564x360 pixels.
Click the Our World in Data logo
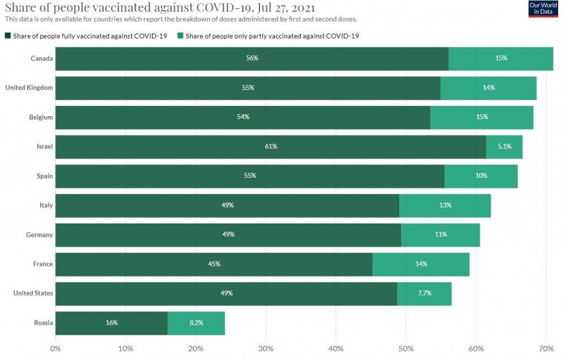click(x=543, y=9)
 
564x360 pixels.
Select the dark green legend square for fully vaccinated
click(x=8, y=36)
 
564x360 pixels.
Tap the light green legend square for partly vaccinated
click(x=180, y=36)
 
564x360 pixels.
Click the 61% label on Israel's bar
click(x=270, y=147)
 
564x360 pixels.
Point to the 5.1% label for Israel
click(x=505, y=147)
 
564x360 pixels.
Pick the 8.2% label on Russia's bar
click(x=196, y=323)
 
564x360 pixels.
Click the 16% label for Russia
click(x=112, y=323)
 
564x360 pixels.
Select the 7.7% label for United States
click(x=424, y=293)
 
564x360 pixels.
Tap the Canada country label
click(x=42, y=58)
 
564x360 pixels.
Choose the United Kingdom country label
click(x=29, y=88)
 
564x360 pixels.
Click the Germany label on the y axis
click(x=40, y=235)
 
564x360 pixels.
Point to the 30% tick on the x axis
click(x=266, y=348)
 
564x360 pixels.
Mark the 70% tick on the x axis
click(x=546, y=348)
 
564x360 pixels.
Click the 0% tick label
click(x=56, y=348)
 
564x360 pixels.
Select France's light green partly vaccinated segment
click(x=421, y=264)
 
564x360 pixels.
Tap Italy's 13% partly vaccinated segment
click(x=445, y=205)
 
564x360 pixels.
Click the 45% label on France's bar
click(x=214, y=264)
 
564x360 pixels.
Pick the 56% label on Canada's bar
click(x=252, y=58)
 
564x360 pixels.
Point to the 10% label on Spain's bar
click(x=481, y=176)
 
